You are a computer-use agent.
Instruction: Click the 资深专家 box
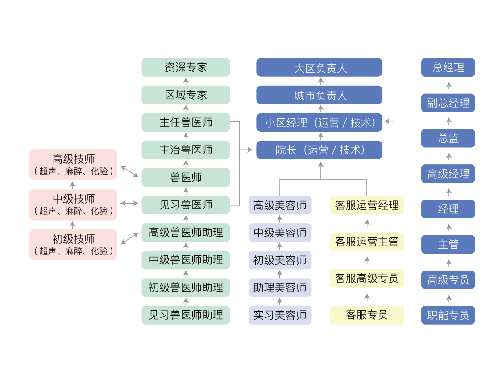tap(186, 67)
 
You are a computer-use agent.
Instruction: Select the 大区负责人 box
tap(319, 68)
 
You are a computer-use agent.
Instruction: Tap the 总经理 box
tap(448, 67)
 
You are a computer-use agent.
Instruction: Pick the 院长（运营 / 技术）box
tap(319, 150)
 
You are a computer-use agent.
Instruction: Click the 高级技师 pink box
tap(73, 164)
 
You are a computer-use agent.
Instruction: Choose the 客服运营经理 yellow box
tap(367, 205)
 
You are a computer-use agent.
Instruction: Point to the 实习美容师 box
tap(280, 315)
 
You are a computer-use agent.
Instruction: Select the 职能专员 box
tap(448, 315)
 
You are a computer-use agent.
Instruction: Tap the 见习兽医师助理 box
tap(186, 315)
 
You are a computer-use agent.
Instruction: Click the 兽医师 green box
tap(186, 177)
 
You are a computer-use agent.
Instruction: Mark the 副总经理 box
tap(448, 103)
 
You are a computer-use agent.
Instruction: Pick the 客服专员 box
tap(367, 315)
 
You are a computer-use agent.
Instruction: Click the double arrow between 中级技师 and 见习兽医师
tap(129, 204)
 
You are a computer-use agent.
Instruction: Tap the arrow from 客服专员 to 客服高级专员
tap(367, 297)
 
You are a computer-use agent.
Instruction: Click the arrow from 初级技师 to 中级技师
tap(73, 224)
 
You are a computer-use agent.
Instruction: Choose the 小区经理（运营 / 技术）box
tap(319, 122)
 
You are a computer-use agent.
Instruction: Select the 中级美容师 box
tap(280, 233)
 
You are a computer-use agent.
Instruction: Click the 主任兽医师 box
tap(186, 122)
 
